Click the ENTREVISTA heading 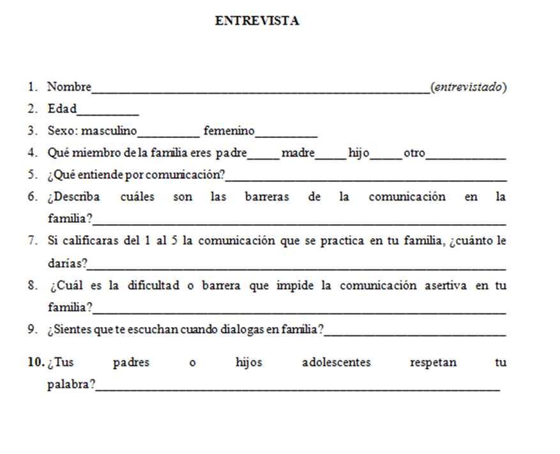257,21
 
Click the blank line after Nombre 261,89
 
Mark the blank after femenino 286,134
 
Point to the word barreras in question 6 266,197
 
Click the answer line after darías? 297,266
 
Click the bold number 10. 36,362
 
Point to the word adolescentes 337,362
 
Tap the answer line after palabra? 298,388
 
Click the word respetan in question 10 434,362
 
